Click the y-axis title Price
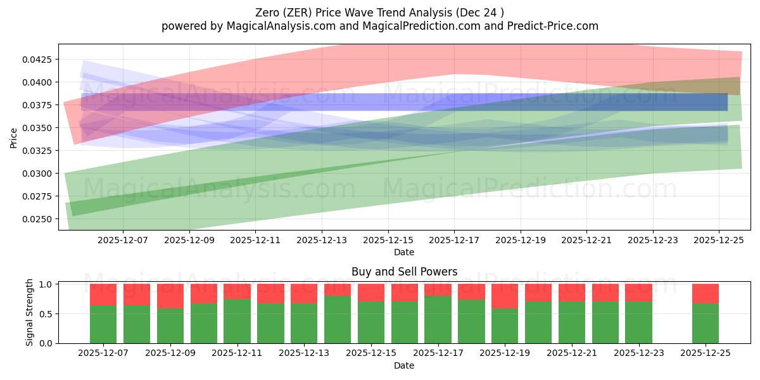click(14, 137)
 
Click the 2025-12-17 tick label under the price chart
click(454, 241)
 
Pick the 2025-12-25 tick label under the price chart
click(719, 241)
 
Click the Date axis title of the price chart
click(404, 252)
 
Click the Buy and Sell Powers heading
click(404, 272)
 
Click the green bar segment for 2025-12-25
click(705, 324)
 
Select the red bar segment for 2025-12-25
click(705, 294)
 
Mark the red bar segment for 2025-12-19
click(505, 296)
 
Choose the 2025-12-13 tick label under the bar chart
click(305, 353)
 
